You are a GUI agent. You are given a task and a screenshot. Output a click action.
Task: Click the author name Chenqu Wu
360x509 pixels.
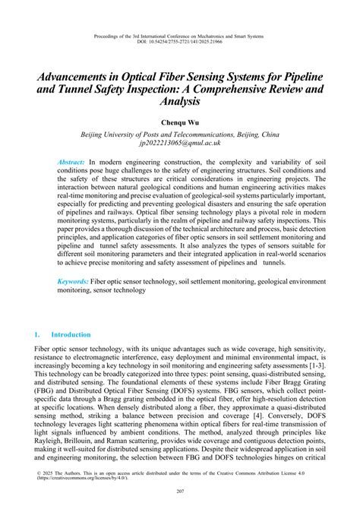pyautogui.click(x=179, y=121)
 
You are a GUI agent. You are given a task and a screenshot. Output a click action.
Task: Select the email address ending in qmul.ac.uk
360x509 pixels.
pyautogui.click(x=179, y=142)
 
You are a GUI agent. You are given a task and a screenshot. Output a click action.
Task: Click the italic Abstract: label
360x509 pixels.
pyautogui.click(x=71, y=163)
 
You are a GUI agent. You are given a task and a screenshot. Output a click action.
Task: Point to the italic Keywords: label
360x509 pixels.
pyautogui.click(x=73, y=280)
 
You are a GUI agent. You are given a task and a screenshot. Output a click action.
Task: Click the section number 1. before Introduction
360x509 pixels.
pyautogui.click(x=38, y=334)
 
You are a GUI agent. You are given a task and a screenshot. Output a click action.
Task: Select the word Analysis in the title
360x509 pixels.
pyautogui.click(x=179, y=101)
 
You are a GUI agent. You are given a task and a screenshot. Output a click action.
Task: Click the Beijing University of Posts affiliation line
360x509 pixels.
pyautogui.click(x=179, y=133)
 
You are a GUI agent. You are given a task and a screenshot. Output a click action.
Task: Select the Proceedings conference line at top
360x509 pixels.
pyautogui.click(x=179, y=34)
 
